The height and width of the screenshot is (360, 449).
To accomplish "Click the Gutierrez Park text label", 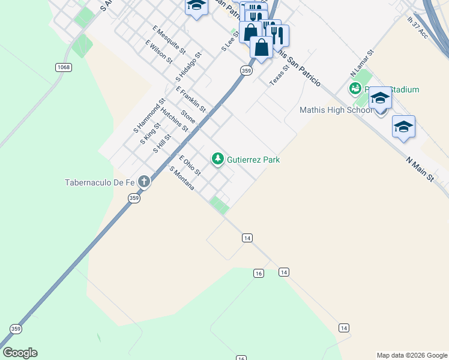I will [253, 160].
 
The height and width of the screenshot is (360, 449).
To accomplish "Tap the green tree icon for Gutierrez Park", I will [217, 159].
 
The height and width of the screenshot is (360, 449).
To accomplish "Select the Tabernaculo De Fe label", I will [100, 182].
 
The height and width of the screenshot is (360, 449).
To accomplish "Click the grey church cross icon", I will [143, 181].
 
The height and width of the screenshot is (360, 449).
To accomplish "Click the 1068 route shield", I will [63, 67].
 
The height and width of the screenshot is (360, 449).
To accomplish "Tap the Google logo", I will [20, 352].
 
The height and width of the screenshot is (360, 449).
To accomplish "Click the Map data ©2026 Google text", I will [411, 355].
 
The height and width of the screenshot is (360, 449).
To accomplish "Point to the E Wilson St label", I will [159, 52].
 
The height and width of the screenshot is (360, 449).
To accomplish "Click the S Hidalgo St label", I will [188, 67].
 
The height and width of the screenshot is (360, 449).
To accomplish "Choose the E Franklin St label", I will [191, 100].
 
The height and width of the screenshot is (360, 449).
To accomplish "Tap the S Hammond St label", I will [149, 116].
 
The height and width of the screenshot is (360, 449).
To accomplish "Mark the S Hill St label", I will [162, 143].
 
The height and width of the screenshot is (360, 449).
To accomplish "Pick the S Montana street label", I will [182, 178].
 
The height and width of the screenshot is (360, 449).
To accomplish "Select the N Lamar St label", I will [363, 62].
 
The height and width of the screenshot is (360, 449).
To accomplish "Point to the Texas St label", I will [279, 75].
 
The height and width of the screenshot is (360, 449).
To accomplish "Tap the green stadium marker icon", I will [355, 89].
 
